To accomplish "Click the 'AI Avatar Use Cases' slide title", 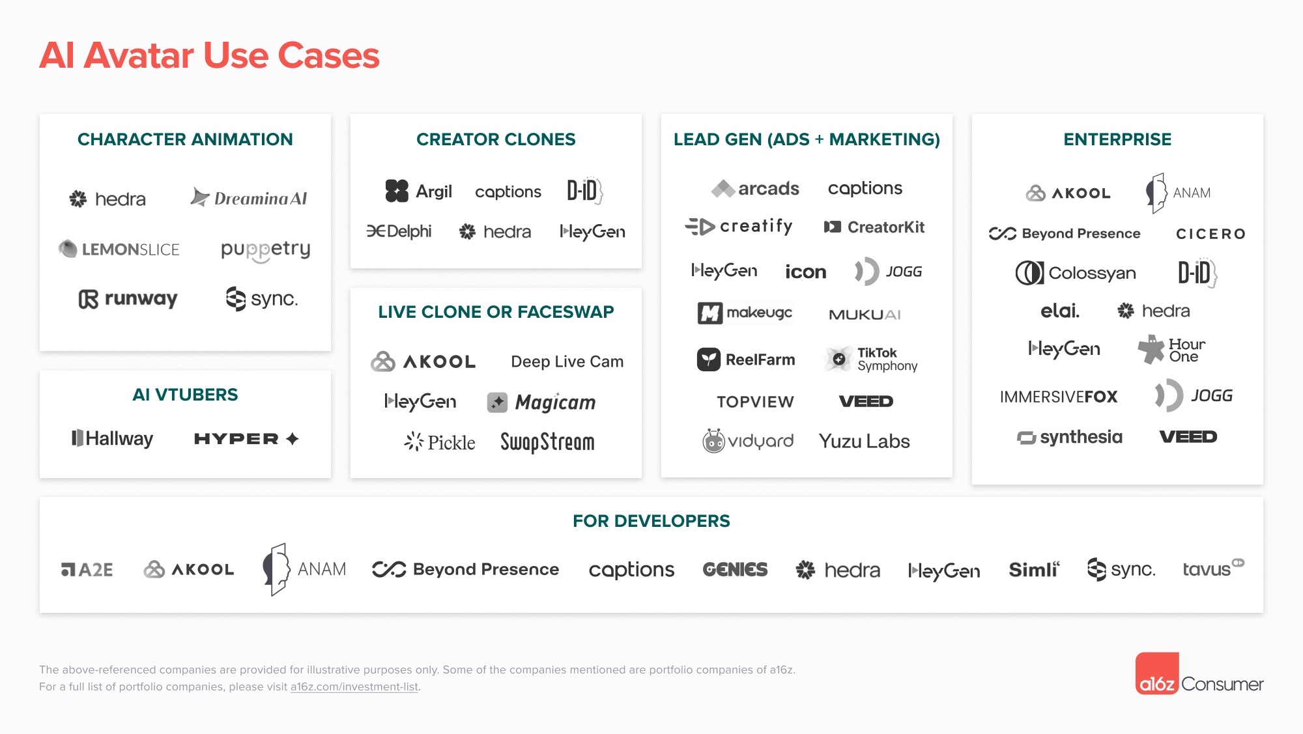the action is coord(209,55).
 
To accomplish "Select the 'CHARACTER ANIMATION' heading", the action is coord(185,139).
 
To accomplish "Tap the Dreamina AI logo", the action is coord(249,197).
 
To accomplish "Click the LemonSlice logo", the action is coord(119,249).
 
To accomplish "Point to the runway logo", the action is coord(128,299).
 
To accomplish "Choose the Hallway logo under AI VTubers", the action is coord(112,438).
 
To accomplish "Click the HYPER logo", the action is coord(246,439).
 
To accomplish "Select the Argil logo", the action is coord(418,191).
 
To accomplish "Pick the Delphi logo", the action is coord(399,231).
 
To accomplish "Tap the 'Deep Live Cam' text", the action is coord(567,361).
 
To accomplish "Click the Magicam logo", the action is coord(541,402).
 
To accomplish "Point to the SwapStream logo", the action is coord(547,442).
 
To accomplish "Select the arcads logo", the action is coord(755,188).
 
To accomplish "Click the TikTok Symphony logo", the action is coord(871,359).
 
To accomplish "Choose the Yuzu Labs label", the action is coord(864,441).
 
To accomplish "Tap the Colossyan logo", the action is coord(1076,273).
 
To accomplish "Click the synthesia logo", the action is coord(1070,437).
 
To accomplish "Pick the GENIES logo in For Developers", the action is coord(735,570).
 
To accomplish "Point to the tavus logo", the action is coord(1213,568).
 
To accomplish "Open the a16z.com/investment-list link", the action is coord(354,686).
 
